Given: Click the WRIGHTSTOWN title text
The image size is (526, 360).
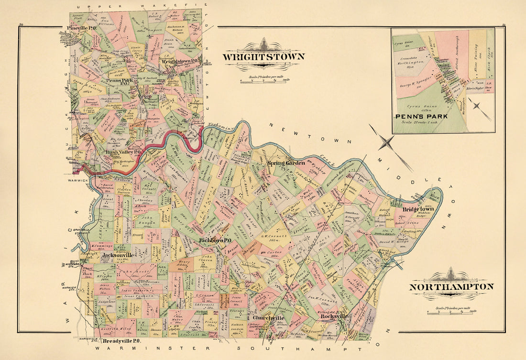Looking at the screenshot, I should [263, 57].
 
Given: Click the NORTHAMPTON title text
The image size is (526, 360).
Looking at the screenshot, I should [451, 287].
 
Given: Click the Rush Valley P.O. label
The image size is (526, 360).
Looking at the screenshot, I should [123, 153].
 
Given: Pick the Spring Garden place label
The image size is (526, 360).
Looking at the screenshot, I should [286, 163].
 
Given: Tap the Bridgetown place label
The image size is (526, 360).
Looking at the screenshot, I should [417, 209].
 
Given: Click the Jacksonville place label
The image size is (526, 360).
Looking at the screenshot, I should [118, 255].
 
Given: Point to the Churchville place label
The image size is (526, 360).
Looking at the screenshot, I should [268, 318].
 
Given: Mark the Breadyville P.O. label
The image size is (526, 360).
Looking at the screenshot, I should [121, 341].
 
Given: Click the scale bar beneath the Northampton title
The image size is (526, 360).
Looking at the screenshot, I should [451, 311].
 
